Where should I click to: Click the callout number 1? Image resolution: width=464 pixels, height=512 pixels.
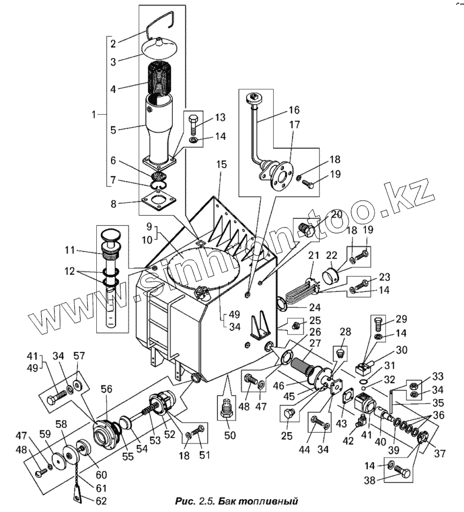click(95, 114)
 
